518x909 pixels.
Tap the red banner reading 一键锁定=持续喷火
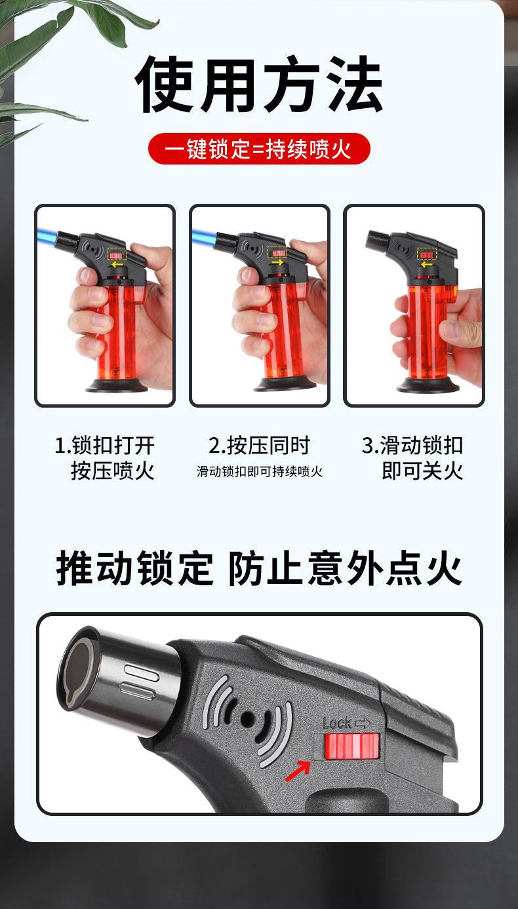point(259,149)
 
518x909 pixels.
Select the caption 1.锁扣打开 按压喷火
point(105,457)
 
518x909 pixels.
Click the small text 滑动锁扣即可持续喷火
point(260,472)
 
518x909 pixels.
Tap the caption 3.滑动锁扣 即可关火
point(413,457)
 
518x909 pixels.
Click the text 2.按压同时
point(260,446)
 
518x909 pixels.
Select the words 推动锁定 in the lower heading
point(135,568)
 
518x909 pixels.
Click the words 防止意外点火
point(345,568)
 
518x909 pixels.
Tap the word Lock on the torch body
point(337,723)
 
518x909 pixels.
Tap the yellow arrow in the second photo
point(277,263)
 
